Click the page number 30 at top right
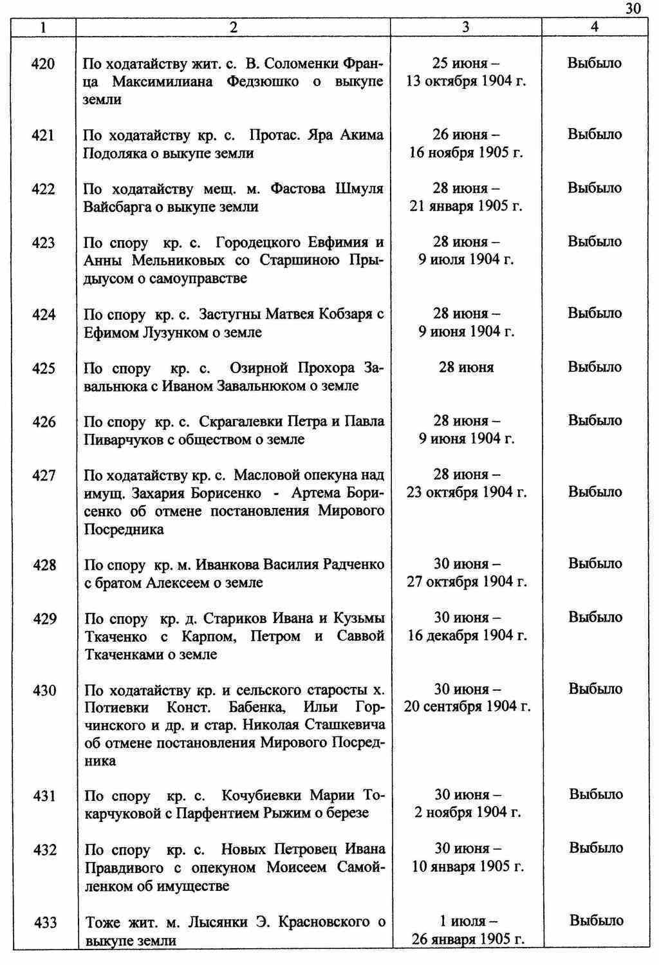pos(633,8)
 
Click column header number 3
pos(465,27)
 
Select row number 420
pos(43,64)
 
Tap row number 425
pos(43,368)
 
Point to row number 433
pos(44,923)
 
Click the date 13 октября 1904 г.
pos(466,82)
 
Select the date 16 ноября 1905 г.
pos(466,153)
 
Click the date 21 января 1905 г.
pos(466,207)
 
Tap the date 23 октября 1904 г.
pos(466,492)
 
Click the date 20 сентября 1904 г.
pos(467,707)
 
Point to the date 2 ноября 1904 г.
pos(467,812)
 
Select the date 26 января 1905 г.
pos(468,939)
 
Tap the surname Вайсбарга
pos(113,207)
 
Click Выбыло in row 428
pos(595,564)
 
